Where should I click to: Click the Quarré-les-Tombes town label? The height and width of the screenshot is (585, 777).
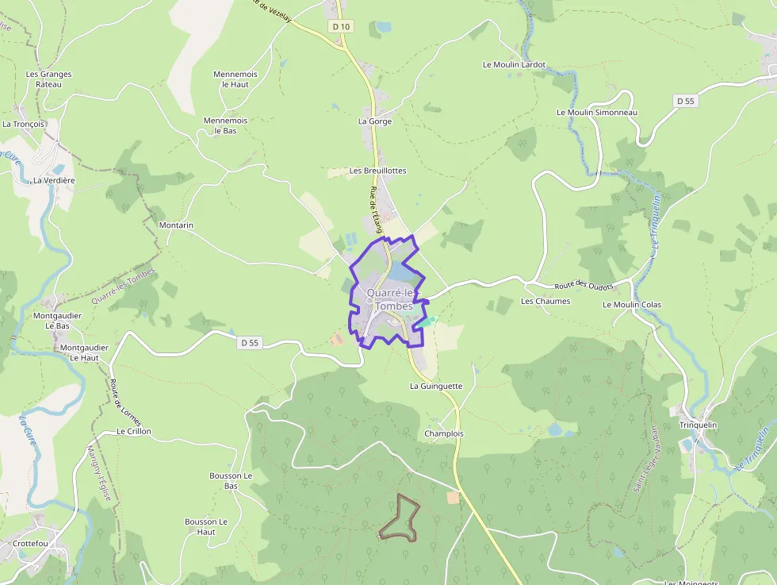coord(389,299)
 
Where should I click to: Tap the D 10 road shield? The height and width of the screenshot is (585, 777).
coord(342,26)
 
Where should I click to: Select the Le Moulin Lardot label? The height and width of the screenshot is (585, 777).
coord(515,64)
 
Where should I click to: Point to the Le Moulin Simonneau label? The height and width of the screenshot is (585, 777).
coord(597,112)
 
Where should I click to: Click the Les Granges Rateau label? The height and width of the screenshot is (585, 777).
coord(48,79)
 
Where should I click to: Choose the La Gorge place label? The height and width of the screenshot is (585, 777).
coord(375,121)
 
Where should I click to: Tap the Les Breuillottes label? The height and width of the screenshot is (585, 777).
coord(378,171)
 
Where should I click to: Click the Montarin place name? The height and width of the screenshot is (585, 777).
coord(176,225)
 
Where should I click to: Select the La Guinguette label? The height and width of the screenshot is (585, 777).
coord(436,386)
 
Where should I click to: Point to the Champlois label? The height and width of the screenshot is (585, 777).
coord(444,434)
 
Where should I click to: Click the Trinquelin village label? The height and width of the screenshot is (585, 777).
coord(698,425)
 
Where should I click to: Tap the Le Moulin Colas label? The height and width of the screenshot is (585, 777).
coord(632,305)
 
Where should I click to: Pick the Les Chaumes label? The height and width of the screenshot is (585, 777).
coord(545,302)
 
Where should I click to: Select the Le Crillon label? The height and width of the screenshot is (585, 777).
coord(134,432)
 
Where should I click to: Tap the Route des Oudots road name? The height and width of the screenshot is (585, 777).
coord(584,286)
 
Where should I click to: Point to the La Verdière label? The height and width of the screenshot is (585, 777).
coord(54,180)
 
